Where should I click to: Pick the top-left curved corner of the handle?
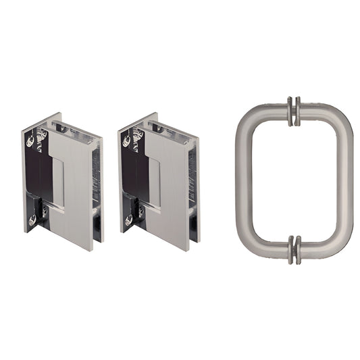248,117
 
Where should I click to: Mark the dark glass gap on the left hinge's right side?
99,182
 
